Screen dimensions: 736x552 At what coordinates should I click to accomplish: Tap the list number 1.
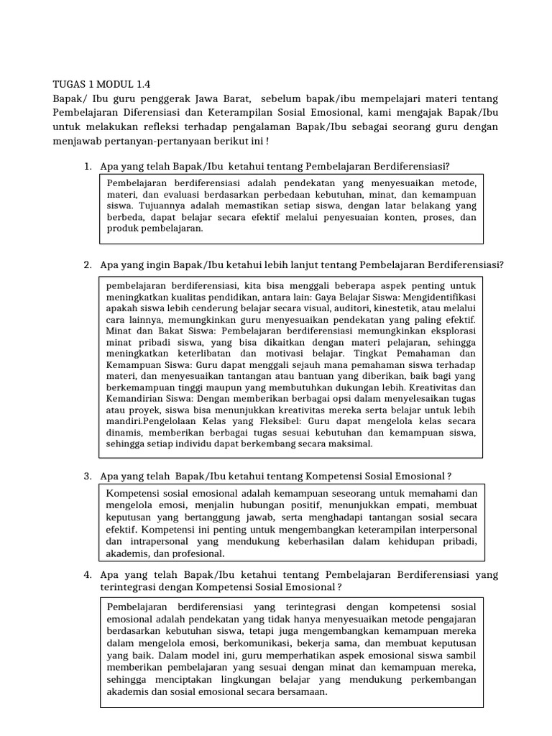pyautogui.click(x=87, y=166)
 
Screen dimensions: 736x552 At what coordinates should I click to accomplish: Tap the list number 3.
pyautogui.click(x=87, y=476)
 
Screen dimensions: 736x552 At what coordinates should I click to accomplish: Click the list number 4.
pyautogui.click(x=87, y=574)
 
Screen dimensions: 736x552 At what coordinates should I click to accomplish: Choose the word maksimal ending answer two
pyautogui.click(x=351, y=444)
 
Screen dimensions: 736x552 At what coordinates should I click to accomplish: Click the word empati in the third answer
pyautogui.click(x=410, y=505)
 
